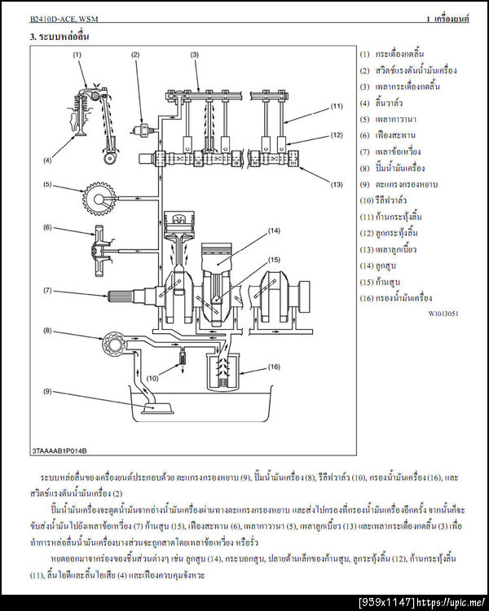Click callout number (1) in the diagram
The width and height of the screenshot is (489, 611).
(77, 54)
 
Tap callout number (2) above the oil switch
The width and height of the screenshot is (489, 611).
(135, 54)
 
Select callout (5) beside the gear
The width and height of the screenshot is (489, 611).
(48, 184)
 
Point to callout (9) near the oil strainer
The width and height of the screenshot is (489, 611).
(48, 392)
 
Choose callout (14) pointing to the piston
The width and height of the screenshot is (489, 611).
(274, 231)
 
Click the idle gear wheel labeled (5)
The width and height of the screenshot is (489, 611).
(99, 198)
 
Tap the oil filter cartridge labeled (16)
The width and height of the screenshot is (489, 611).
(224, 375)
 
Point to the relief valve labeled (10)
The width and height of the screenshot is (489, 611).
(183, 357)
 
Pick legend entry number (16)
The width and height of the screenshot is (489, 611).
(402, 298)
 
